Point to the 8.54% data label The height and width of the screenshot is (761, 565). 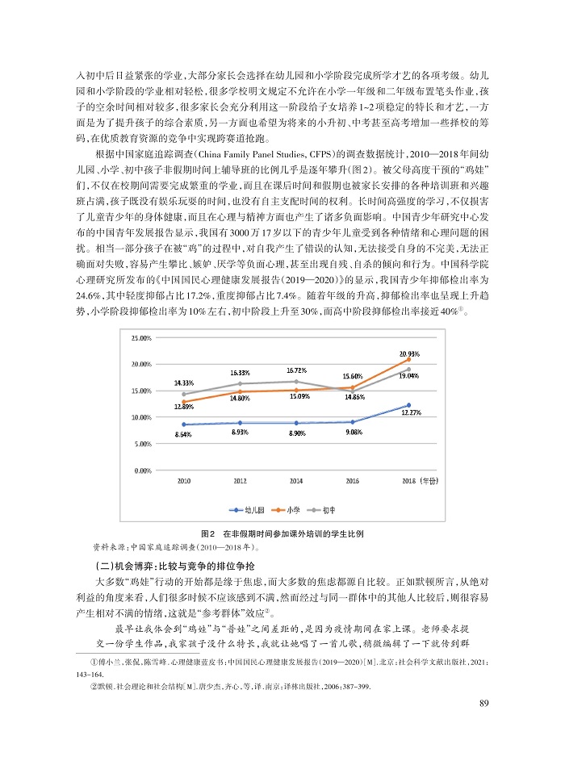(182, 435)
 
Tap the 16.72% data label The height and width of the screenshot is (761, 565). (297, 370)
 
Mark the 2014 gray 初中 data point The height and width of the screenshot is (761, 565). (296, 381)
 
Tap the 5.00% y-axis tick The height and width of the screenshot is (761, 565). (142, 444)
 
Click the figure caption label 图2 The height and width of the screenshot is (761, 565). (207, 534)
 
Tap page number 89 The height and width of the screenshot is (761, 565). (483, 703)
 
